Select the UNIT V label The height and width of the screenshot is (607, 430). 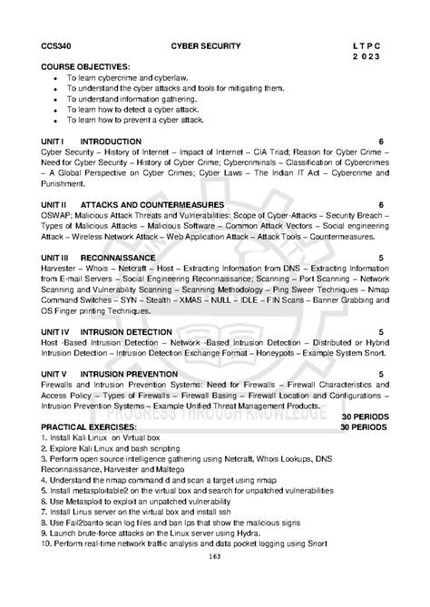click(53, 375)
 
